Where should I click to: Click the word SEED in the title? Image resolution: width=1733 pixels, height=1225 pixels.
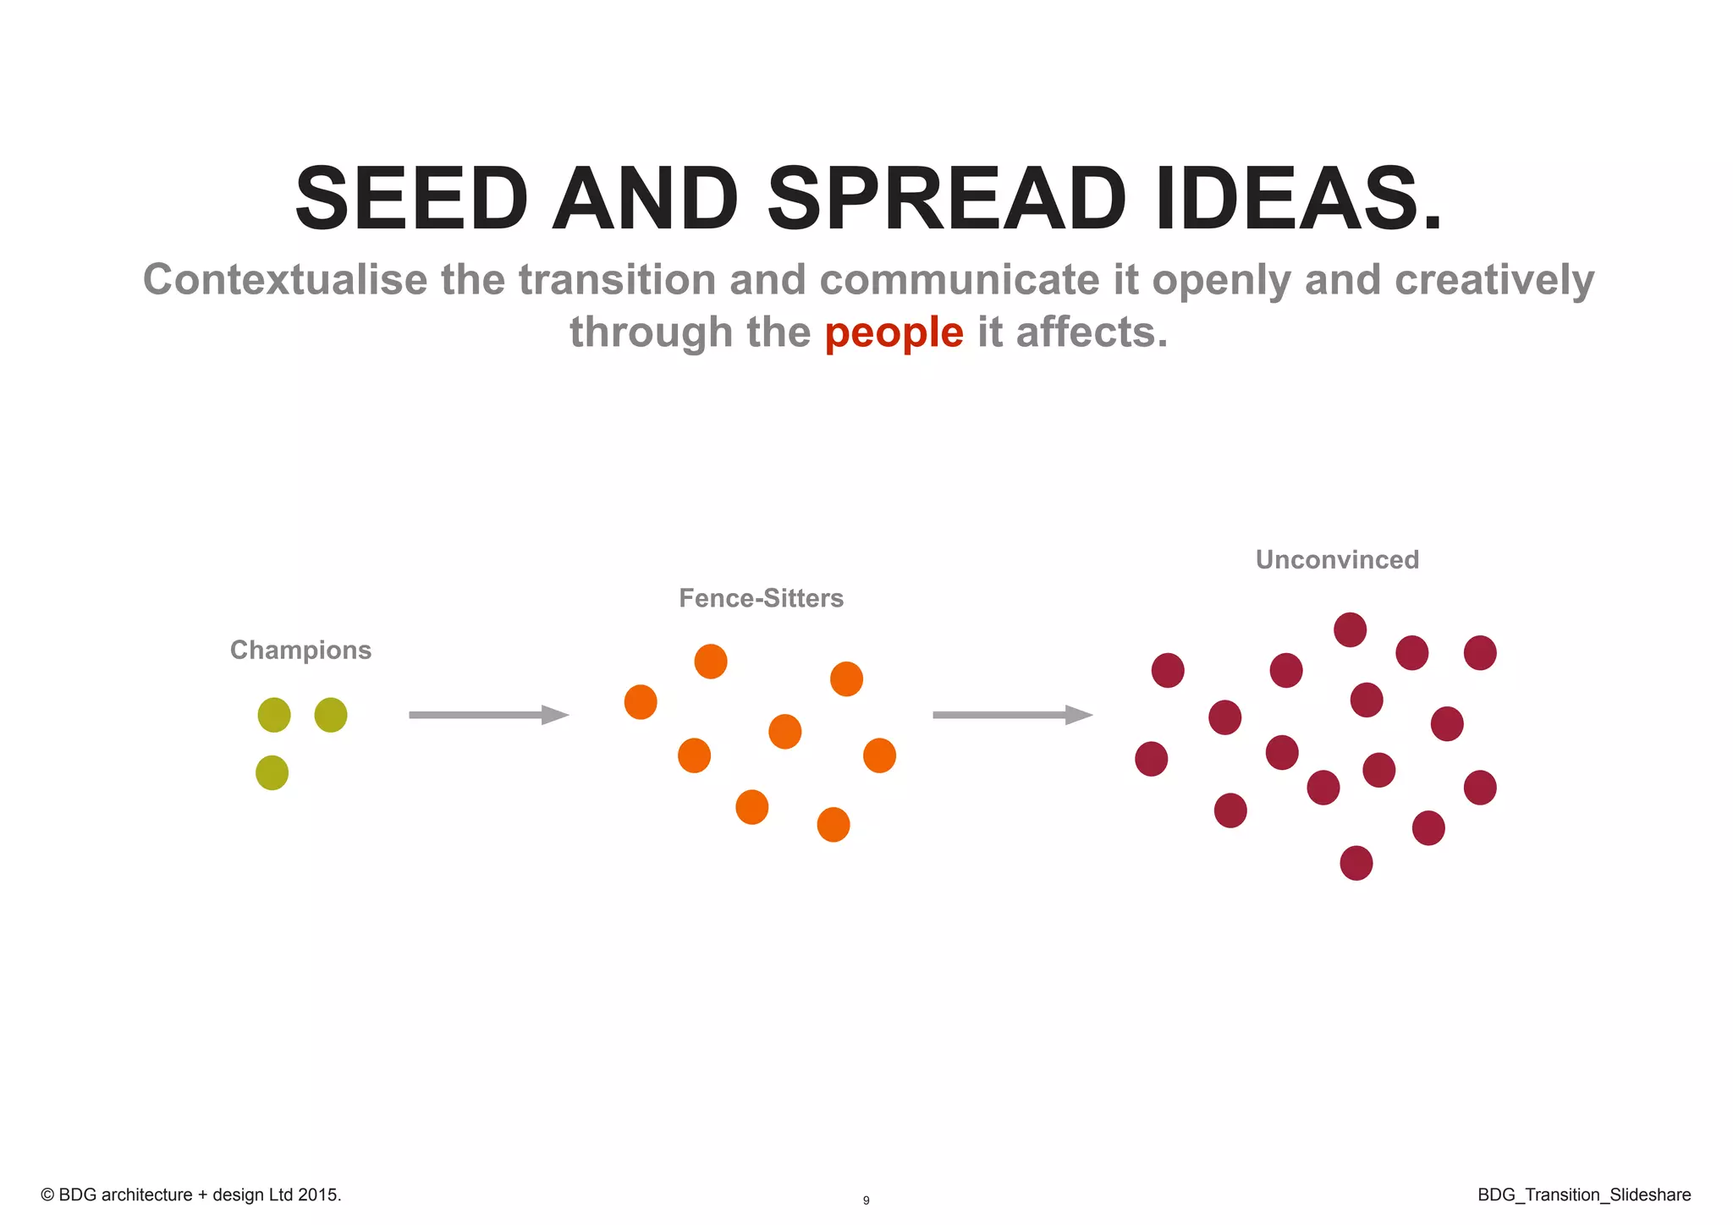point(411,200)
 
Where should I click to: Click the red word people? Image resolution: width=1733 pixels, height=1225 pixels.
point(894,332)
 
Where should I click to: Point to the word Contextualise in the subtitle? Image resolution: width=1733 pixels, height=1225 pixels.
point(285,279)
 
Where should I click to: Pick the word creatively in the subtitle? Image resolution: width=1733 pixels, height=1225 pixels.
point(1494,281)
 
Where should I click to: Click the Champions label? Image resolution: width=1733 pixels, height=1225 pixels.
point(300,650)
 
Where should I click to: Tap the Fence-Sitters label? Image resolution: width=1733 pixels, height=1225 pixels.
point(761,598)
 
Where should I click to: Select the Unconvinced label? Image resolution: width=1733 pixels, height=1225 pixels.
point(1337,559)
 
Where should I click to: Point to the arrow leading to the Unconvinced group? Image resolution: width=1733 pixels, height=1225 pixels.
point(1012,715)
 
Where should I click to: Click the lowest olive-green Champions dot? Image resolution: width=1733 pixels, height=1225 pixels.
point(272,772)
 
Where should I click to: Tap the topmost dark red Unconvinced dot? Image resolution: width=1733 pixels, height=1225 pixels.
point(1350,629)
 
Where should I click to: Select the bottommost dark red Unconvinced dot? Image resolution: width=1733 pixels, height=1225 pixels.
point(1356,863)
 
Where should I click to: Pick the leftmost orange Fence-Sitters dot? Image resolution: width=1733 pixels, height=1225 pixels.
point(641,702)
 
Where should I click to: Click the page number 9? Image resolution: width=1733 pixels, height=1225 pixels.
point(866,1200)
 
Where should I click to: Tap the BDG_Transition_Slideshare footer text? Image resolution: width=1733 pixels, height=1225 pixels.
point(1584,1195)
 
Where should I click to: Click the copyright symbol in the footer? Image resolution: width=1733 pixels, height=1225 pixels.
point(47,1195)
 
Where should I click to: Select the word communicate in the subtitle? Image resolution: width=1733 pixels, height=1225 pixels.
point(960,279)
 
